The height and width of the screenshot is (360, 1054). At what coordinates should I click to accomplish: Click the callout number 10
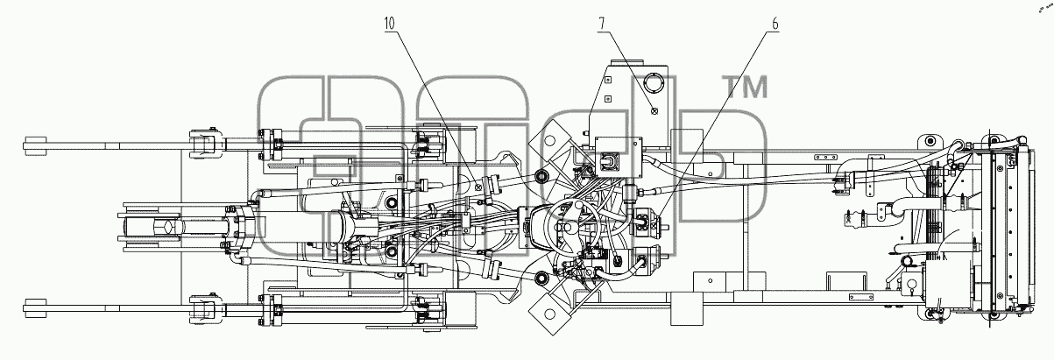(390, 24)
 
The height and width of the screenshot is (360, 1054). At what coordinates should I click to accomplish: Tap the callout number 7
(601, 24)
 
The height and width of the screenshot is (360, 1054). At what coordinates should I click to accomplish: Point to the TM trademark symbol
(745, 87)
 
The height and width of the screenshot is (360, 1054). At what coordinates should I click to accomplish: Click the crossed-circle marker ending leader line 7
(654, 111)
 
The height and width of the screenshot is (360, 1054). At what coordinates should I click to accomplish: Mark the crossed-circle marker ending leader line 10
(478, 187)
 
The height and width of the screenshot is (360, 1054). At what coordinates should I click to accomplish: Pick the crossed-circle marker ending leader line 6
(654, 226)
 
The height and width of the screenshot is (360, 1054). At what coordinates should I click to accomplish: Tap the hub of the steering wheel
(568, 228)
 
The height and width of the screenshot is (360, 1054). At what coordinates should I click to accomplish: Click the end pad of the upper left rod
(35, 145)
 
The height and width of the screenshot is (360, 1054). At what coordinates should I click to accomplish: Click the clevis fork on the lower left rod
(203, 308)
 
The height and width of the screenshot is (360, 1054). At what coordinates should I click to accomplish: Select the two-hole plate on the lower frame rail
(861, 297)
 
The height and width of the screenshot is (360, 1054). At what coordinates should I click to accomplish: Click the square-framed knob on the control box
(607, 161)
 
